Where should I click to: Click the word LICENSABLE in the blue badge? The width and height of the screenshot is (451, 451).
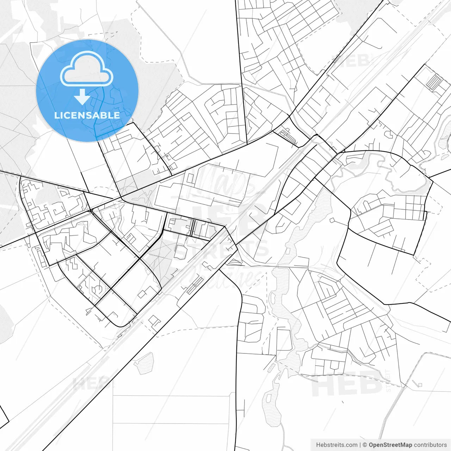pos(87,115)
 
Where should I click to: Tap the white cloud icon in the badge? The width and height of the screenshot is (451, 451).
pos(87,69)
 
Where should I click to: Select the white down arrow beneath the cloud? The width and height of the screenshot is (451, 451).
pos(82,96)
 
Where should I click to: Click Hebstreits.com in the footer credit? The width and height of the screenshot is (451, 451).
pos(336,445)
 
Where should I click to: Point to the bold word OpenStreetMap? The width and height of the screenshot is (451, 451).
pos(390,445)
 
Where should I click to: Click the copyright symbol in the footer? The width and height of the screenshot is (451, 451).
pos(365,445)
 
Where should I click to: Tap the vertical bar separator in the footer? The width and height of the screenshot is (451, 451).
pos(360,445)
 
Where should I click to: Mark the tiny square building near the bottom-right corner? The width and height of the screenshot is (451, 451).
pos(419,385)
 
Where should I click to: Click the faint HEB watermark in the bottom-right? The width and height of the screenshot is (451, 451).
pos(347,384)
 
